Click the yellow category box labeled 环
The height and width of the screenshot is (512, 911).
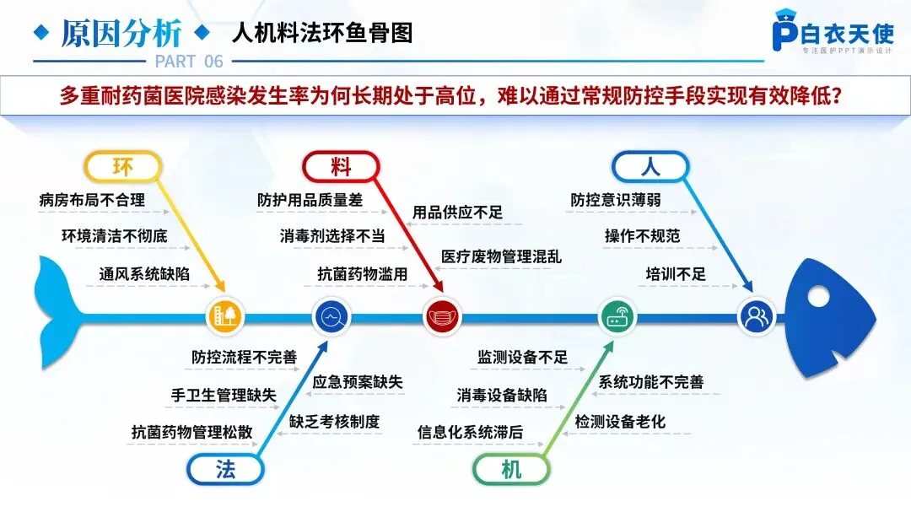pos(122,167)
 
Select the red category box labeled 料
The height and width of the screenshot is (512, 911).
pos(340,167)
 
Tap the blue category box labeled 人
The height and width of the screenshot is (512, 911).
pos(650,167)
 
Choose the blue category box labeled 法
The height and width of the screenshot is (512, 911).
pos(224,470)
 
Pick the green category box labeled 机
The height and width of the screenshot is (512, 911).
pos(511,470)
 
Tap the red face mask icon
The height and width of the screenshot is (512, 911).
pos(444,318)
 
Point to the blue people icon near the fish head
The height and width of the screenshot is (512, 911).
pos(757,317)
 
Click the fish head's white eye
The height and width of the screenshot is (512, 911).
pos(817,299)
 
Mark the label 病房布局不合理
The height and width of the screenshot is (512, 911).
pos(92,201)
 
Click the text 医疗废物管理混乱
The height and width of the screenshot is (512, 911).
pos(501,256)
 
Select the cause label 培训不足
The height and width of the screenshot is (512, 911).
pos(676,273)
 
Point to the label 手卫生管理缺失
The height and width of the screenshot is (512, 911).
pos(224,394)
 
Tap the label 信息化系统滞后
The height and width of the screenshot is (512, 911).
pos(470,432)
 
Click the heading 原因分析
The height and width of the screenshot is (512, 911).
pos(121,34)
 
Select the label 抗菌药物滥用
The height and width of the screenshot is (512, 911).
pos(362,273)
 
